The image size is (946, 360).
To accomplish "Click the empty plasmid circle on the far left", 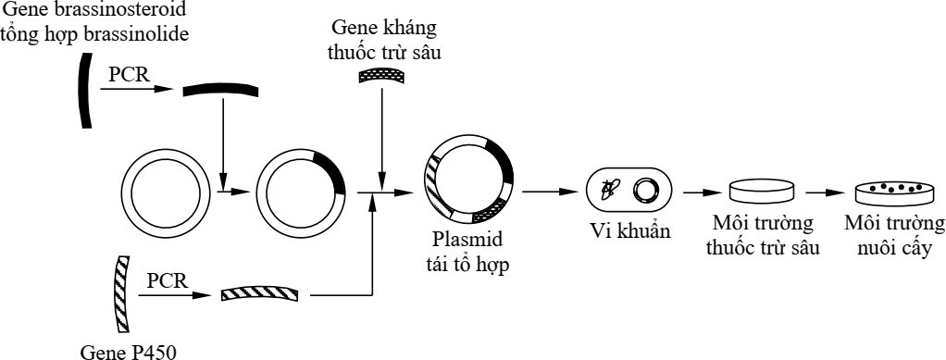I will (163, 193).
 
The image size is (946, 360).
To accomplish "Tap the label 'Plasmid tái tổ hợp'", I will (470, 251).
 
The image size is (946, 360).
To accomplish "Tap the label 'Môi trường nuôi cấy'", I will (894, 236).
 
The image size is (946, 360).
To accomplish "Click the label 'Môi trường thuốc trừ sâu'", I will (762, 236).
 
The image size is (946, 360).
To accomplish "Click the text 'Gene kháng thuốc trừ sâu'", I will (381, 43).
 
